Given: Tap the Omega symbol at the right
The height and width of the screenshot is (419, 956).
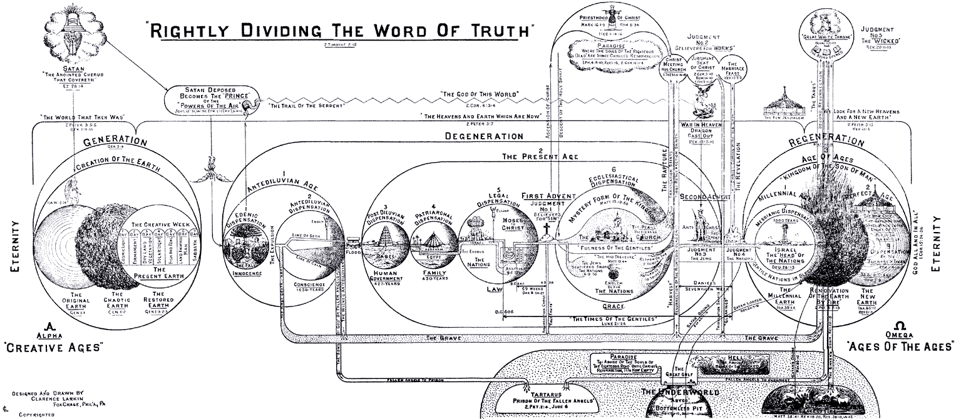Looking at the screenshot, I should point(900,326).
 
